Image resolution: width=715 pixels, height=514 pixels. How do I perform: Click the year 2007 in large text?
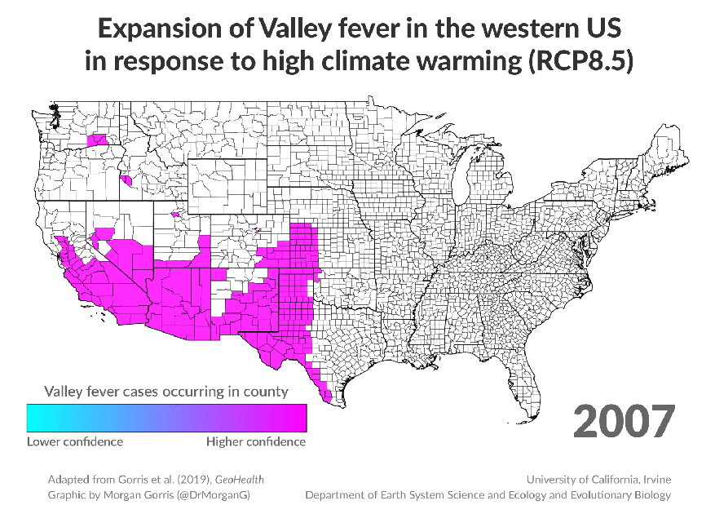pos(624,421)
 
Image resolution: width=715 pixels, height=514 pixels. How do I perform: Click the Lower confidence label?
pos(75,441)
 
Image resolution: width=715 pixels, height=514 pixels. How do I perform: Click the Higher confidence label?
pos(256,441)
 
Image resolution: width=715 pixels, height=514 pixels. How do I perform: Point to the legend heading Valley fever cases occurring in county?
pos(166,391)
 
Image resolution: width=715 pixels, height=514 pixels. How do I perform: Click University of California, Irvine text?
pos(598,479)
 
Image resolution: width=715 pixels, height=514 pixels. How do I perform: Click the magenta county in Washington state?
pos(99,140)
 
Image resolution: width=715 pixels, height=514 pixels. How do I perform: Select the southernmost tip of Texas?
pos(328,401)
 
